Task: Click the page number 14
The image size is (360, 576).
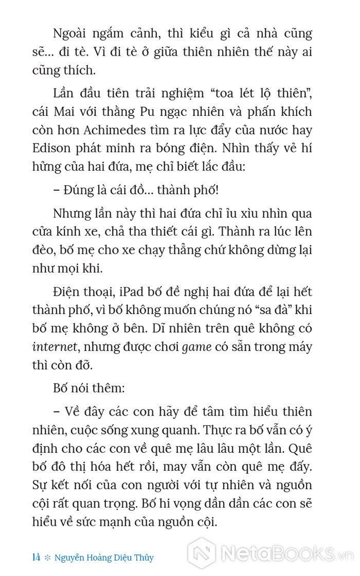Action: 37,557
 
